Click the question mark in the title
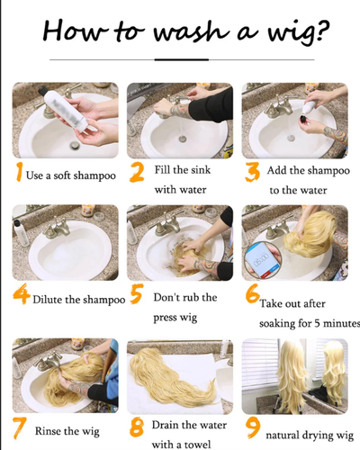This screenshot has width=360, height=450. point(322,31)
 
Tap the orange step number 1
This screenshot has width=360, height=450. point(19,172)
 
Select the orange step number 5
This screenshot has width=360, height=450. point(137,293)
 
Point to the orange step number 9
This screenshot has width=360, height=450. point(253,427)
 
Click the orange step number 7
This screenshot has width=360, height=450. point(19,428)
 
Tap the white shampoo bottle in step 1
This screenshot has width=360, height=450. point(66,110)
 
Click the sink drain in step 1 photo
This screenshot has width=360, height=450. point(75,146)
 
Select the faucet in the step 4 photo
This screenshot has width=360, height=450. point(56,228)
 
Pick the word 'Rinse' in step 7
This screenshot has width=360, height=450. point(49,431)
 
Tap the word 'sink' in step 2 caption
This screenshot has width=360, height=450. point(201,170)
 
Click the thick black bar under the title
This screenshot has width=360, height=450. point(182,59)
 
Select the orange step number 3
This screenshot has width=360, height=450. point(252,173)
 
